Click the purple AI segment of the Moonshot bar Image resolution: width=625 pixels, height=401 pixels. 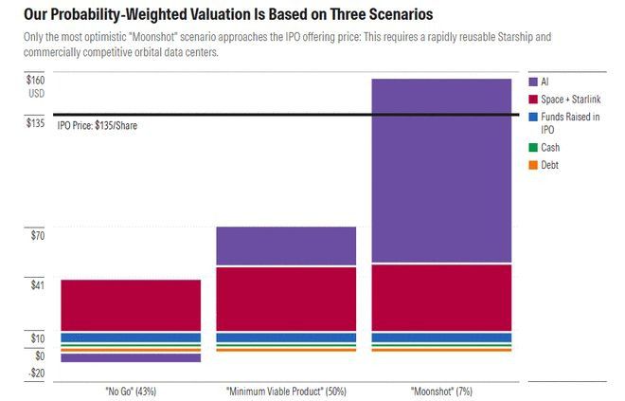click(441, 171)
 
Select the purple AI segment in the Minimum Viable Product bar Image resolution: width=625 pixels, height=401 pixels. click(286, 246)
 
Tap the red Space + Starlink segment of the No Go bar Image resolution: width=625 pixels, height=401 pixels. click(131, 305)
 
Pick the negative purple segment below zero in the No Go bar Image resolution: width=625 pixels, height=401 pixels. click(131, 357)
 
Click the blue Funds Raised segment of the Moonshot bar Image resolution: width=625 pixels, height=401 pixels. click(441, 337)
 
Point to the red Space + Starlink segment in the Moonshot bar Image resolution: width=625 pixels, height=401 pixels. click(441, 298)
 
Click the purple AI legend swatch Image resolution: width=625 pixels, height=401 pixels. click(533, 82)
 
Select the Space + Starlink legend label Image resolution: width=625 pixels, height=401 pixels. click(570, 100)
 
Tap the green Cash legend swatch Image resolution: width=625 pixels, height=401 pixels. click(533, 148)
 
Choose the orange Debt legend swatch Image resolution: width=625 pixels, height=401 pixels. click(533, 165)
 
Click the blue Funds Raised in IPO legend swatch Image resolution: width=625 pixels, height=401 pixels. click(533, 117)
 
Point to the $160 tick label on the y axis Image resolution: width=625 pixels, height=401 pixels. click(35, 81)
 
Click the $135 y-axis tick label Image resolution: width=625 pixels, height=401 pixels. click(35, 123)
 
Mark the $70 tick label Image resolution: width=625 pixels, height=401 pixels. click(38, 235)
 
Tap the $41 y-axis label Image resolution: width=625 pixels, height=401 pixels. click(38, 285)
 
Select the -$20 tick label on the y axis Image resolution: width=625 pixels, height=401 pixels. click(37, 374)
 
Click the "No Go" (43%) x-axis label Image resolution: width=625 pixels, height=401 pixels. click(131, 392)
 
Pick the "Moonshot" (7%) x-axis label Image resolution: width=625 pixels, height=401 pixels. click(441, 392)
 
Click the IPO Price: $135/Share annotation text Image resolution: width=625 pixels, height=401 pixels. click(98, 126)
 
